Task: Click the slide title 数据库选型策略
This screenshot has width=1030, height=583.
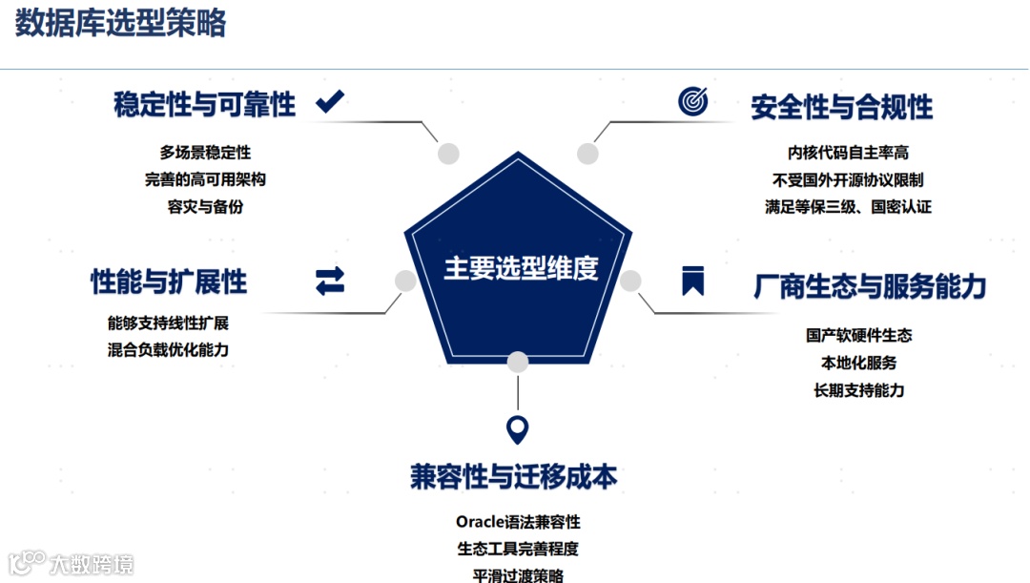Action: click(x=120, y=24)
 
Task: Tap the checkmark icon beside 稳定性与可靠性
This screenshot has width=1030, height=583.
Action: click(x=330, y=101)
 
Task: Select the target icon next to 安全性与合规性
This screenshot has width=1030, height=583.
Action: click(x=693, y=101)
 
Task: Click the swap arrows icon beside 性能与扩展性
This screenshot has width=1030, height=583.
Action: click(x=330, y=281)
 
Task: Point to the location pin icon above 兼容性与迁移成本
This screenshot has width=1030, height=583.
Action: click(x=517, y=430)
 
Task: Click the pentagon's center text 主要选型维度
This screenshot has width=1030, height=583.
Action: click(x=520, y=268)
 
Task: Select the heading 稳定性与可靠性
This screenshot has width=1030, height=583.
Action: click(x=204, y=104)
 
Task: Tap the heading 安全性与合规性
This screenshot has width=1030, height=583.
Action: click(x=841, y=107)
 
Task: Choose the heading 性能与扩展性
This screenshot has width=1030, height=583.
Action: click(x=169, y=281)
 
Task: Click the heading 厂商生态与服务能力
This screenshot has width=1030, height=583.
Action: click(x=870, y=285)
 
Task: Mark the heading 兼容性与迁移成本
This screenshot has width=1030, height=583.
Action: click(x=514, y=476)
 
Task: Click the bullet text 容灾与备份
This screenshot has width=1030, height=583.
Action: click(x=205, y=206)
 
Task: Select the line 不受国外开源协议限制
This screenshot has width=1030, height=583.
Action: click(x=848, y=179)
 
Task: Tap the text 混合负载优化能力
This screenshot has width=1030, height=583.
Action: click(x=169, y=350)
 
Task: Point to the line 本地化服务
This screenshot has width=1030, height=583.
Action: click(x=858, y=363)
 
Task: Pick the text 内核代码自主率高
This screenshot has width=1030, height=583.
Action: click(x=848, y=153)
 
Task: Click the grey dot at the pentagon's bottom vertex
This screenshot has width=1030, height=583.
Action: click(x=517, y=363)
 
